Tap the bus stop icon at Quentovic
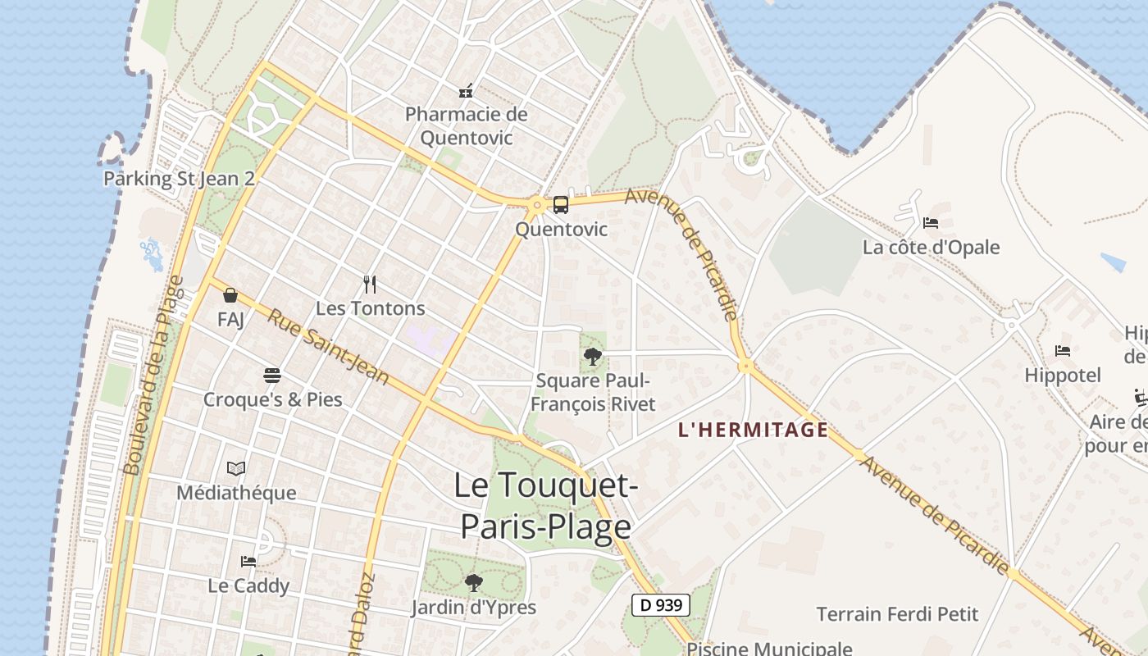[561, 205]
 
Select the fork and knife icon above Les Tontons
[370, 285]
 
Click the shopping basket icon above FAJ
[230, 295]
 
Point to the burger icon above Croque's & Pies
[272, 376]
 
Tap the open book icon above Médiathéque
[236, 469]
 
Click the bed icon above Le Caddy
[248, 562]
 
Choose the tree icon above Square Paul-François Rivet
[592, 357]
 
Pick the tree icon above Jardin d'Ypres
[473, 583]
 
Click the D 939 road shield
[661, 606]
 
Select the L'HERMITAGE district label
[754, 430]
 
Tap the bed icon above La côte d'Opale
[931, 223]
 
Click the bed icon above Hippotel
[1063, 351]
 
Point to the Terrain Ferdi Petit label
[898, 613]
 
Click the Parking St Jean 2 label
[179, 179]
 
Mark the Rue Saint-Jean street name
[329, 347]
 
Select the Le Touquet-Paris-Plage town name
[545, 505]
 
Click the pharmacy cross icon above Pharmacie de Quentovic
[466, 91]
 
